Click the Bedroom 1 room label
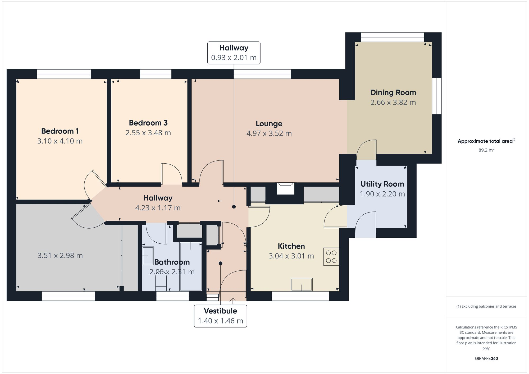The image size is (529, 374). click(x=60, y=131)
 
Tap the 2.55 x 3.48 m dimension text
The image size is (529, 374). click(x=148, y=133)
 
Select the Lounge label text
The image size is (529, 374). click(x=269, y=124)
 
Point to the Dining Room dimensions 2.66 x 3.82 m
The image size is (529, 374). click(x=393, y=102)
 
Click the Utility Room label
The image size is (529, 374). click(x=382, y=184)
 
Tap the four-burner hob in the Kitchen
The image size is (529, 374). click(x=331, y=257)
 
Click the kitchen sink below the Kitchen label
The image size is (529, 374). click(x=302, y=285)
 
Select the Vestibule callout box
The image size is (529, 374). click(x=220, y=316)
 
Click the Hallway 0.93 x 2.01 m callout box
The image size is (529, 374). click(x=234, y=53)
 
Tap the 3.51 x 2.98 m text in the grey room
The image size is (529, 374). click(x=60, y=256)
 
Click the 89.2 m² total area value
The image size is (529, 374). click(x=486, y=150)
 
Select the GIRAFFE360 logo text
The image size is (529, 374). click(x=486, y=358)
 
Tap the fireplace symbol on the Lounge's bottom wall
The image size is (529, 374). click(x=285, y=188)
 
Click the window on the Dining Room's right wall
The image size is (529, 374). click(x=437, y=96)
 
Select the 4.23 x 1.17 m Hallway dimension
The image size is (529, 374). click(x=158, y=208)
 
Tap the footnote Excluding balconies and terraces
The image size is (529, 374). click(x=486, y=306)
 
